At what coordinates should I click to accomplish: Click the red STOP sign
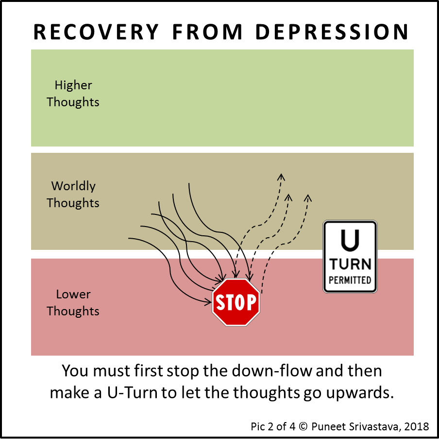tap(236, 302)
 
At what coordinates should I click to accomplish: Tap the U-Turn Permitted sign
tap(350, 257)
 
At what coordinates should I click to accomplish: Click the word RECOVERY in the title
tap(96, 32)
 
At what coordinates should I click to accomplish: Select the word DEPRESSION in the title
tap(332, 32)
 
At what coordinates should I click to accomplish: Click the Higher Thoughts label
tap(73, 94)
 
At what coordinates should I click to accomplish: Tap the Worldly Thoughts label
tap(73, 195)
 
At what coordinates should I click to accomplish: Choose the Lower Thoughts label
tap(73, 303)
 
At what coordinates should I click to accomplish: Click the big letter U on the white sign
tap(350, 240)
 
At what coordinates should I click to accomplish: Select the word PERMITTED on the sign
tap(350, 280)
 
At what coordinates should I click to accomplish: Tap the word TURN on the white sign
tap(350, 264)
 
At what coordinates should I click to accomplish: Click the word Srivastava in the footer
tap(371, 427)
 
